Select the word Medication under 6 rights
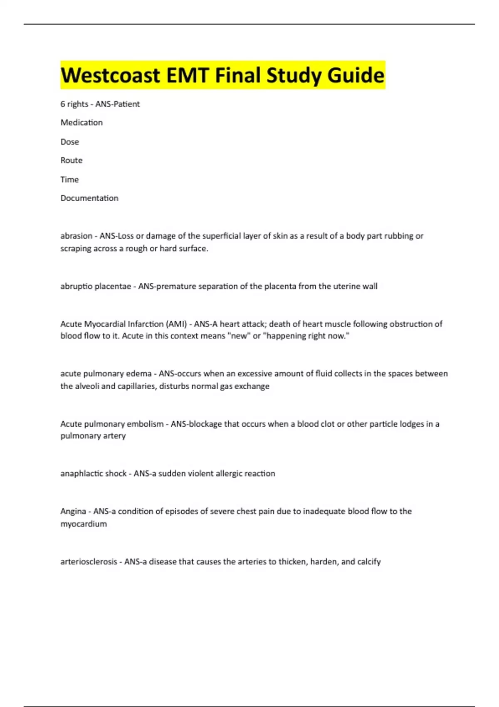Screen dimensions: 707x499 pos(82,123)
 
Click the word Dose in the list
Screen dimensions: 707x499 pos(69,142)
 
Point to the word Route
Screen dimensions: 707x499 pos(71,161)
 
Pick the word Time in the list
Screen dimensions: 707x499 pos(69,180)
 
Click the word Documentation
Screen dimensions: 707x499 pos(89,198)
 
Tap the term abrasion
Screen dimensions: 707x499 pos(76,236)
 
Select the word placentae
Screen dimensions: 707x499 pos(113,287)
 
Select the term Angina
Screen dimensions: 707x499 pos(73,512)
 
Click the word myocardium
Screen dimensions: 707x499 pos(84,524)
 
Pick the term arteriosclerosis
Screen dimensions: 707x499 pos(89,562)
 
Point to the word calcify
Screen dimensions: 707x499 pos(369,562)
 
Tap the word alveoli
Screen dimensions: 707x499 pos(86,386)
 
